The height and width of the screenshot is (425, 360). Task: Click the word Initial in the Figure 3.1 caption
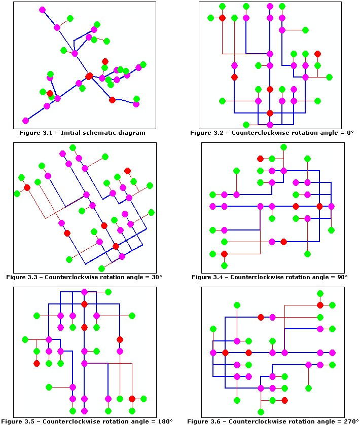click(x=65, y=133)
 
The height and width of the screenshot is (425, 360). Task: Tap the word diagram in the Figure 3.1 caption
click(x=131, y=133)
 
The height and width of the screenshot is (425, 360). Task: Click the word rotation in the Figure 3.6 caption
click(x=288, y=421)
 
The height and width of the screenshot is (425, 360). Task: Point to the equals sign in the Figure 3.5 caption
click(x=149, y=421)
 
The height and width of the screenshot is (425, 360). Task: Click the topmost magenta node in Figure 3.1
click(x=42, y=10)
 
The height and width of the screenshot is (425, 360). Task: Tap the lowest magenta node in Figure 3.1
click(x=25, y=121)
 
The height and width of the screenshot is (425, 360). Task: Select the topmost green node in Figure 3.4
click(x=284, y=147)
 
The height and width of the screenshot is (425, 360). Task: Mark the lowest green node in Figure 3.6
click(x=261, y=412)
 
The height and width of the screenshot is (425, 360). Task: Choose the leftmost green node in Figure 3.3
click(x=17, y=194)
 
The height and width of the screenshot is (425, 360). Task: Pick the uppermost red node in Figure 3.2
click(x=222, y=18)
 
